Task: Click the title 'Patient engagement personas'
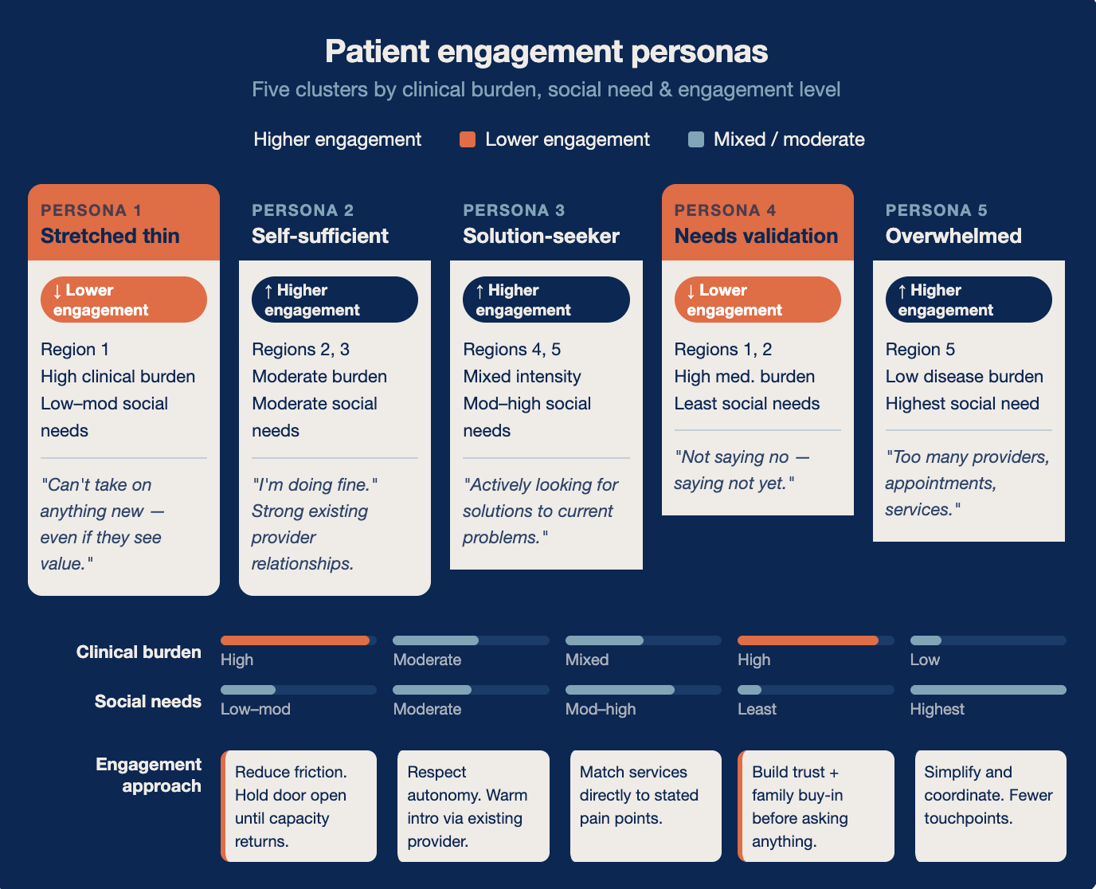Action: pyautogui.click(x=546, y=52)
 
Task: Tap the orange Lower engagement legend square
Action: pyautogui.click(x=468, y=139)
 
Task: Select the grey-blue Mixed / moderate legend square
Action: pyautogui.click(x=695, y=139)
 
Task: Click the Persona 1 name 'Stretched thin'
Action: pyautogui.click(x=110, y=236)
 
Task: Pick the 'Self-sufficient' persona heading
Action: pyautogui.click(x=320, y=236)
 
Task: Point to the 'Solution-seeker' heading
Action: pyautogui.click(x=541, y=236)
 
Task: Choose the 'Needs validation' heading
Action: pyautogui.click(x=756, y=236)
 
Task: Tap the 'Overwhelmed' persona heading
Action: pyautogui.click(x=953, y=236)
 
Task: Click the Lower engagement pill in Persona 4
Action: pyautogui.click(x=757, y=300)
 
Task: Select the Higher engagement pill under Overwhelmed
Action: pyautogui.click(x=969, y=300)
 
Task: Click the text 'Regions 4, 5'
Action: pyautogui.click(x=512, y=350)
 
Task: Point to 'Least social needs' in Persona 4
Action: pyautogui.click(x=746, y=403)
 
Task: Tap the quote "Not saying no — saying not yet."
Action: pyautogui.click(x=742, y=470)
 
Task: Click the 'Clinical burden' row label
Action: pyautogui.click(x=139, y=652)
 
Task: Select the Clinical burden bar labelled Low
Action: pyautogui.click(x=988, y=640)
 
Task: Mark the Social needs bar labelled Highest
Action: pyautogui.click(x=988, y=690)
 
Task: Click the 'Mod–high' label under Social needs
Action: pyautogui.click(x=601, y=709)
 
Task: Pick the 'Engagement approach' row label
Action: pyautogui.click(x=149, y=775)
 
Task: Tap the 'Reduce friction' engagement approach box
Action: pyautogui.click(x=299, y=805)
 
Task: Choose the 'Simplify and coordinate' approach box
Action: pyautogui.click(x=991, y=805)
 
